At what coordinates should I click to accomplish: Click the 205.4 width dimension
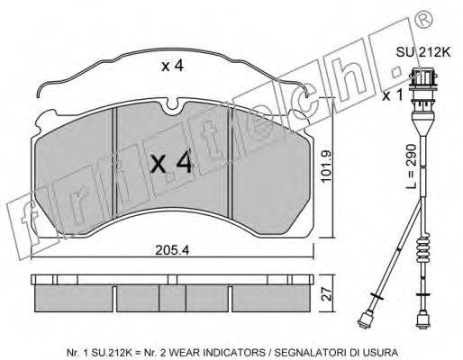(172, 250)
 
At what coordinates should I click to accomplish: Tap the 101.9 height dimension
(326, 166)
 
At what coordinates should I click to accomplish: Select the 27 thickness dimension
(328, 294)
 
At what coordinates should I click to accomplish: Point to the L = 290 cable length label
(412, 166)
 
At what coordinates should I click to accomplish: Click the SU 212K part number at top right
(423, 52)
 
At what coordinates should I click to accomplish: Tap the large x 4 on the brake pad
(171, 163)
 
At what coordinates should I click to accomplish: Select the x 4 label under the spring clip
(172, 67)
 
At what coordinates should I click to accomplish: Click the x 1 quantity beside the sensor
(392, 96)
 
